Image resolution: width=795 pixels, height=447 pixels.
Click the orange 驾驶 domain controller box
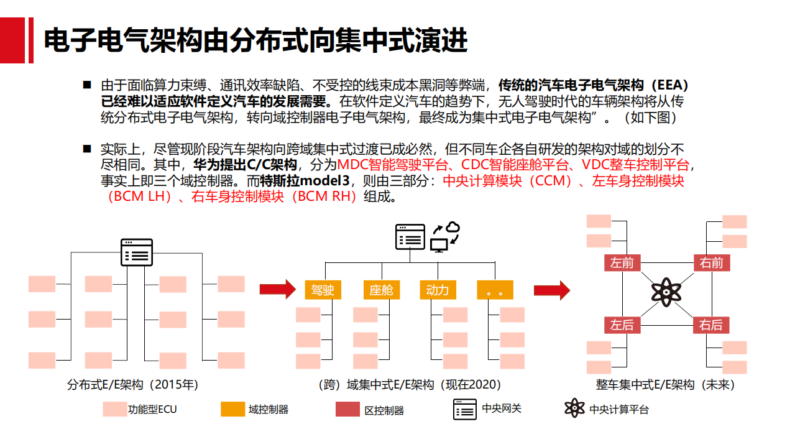pos(323,290)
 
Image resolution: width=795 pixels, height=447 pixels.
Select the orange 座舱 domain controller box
pos(381,290)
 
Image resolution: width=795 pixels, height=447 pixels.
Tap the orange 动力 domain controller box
pos(438,290)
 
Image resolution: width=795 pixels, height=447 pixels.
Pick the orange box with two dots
pos(495,290)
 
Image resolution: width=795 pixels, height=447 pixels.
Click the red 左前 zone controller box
pos(622,262)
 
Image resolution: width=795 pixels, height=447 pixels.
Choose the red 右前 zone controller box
pos(712,262)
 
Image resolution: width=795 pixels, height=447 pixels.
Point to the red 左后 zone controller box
pos(622,325)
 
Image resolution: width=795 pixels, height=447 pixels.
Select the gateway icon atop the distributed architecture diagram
pos(137,252)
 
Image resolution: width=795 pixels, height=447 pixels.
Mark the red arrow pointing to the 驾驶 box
pos(277,289)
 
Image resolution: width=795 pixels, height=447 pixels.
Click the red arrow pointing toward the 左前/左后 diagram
pos(552,290)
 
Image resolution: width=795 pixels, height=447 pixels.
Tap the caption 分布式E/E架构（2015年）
pos(132,385)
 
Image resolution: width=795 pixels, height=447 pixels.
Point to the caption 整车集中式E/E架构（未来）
pos(666,385)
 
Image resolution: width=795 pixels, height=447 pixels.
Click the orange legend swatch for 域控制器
pos(233,409)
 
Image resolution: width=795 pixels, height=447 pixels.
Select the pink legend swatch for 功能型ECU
pos(115,409)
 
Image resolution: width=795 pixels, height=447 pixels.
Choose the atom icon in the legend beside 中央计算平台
pos(574,408)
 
